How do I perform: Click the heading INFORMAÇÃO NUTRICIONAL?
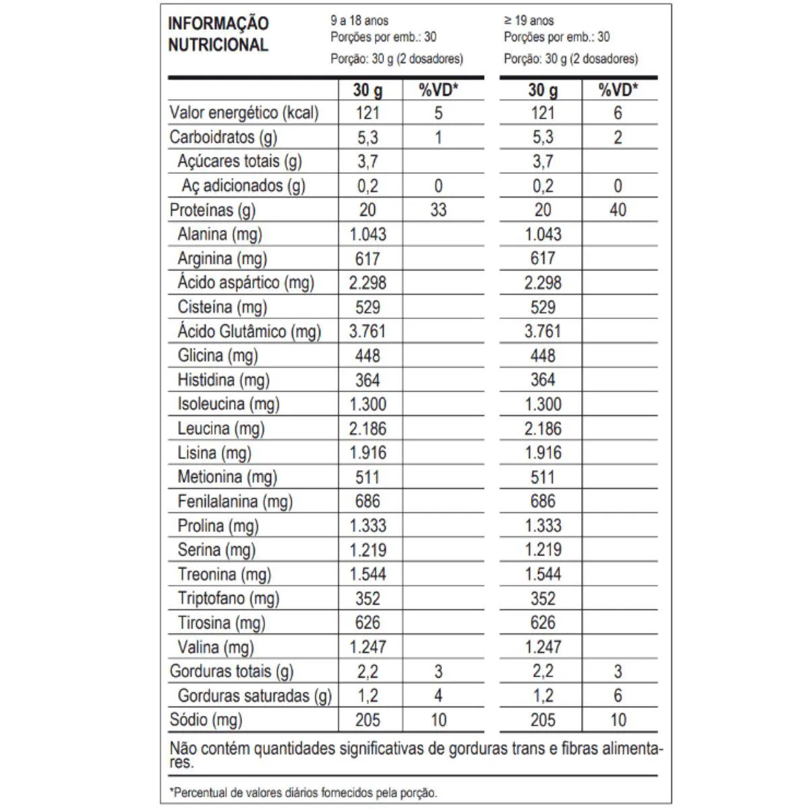tap(218, 34)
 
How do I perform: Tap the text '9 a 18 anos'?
tap(359, 21)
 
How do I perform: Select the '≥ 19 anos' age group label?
tap(529, 21)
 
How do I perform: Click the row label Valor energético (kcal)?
tap(244, 113)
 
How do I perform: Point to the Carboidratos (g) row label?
tap(223, 138)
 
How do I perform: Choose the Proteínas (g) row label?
tap(212, 210)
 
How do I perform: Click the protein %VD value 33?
tap(438, 210)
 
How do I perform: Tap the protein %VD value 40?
tap(618, 210)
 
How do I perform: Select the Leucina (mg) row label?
tap(220, 429)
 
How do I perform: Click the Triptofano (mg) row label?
tap(228, 599)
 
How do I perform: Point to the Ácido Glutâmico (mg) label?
tap(249, 332)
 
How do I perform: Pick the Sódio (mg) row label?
tap(206, 720)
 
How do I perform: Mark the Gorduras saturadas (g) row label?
tap(254, 696)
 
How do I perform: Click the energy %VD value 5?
tap(438, 113)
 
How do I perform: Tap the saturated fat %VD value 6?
tap(618, 696)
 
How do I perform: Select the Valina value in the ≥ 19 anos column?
tap(543, 647)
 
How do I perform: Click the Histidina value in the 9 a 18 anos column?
tap(367, 380)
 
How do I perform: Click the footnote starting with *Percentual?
tap(303, 793)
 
